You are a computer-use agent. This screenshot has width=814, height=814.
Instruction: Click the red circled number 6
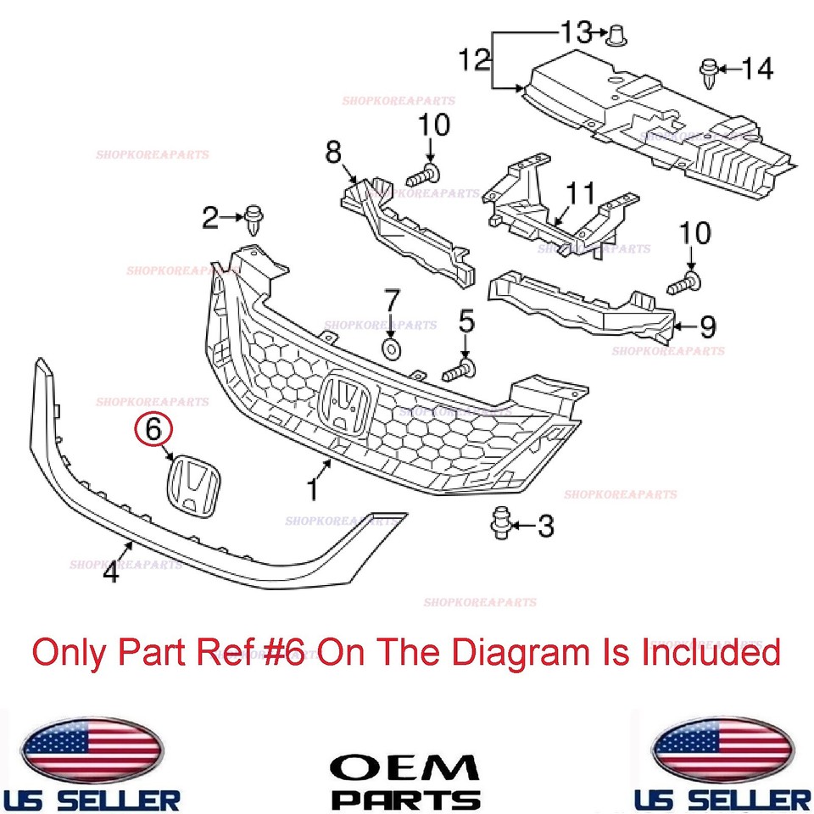153,430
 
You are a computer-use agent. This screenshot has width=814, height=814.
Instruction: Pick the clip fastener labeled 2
252,220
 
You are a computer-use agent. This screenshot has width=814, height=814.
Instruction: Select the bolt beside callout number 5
460,369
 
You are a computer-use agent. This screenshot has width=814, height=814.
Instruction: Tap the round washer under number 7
391,348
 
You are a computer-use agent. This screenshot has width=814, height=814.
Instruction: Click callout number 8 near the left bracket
332,153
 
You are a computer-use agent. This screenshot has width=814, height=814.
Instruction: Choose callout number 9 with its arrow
706,325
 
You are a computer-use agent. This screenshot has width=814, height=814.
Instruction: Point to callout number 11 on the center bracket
582,193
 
